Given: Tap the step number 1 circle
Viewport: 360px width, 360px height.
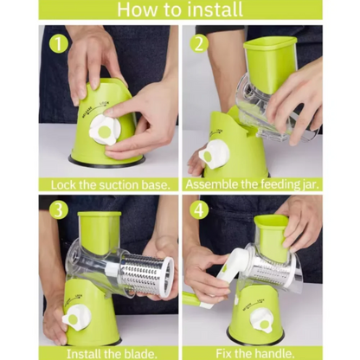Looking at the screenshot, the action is click(59, 44).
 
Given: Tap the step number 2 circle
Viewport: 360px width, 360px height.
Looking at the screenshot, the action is click(199, 43).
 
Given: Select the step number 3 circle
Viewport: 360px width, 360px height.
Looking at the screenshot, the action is click(59, 210).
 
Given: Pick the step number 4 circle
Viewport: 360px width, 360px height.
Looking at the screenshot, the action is click(199, 210).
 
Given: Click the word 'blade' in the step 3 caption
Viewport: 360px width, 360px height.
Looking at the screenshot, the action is click(141, 354).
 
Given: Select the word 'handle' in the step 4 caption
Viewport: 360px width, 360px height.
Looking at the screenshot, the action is click(275, 354).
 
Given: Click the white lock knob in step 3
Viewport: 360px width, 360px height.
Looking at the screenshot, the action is click(75, 318).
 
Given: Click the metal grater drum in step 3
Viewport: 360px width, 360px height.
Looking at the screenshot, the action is click(146, 273).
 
